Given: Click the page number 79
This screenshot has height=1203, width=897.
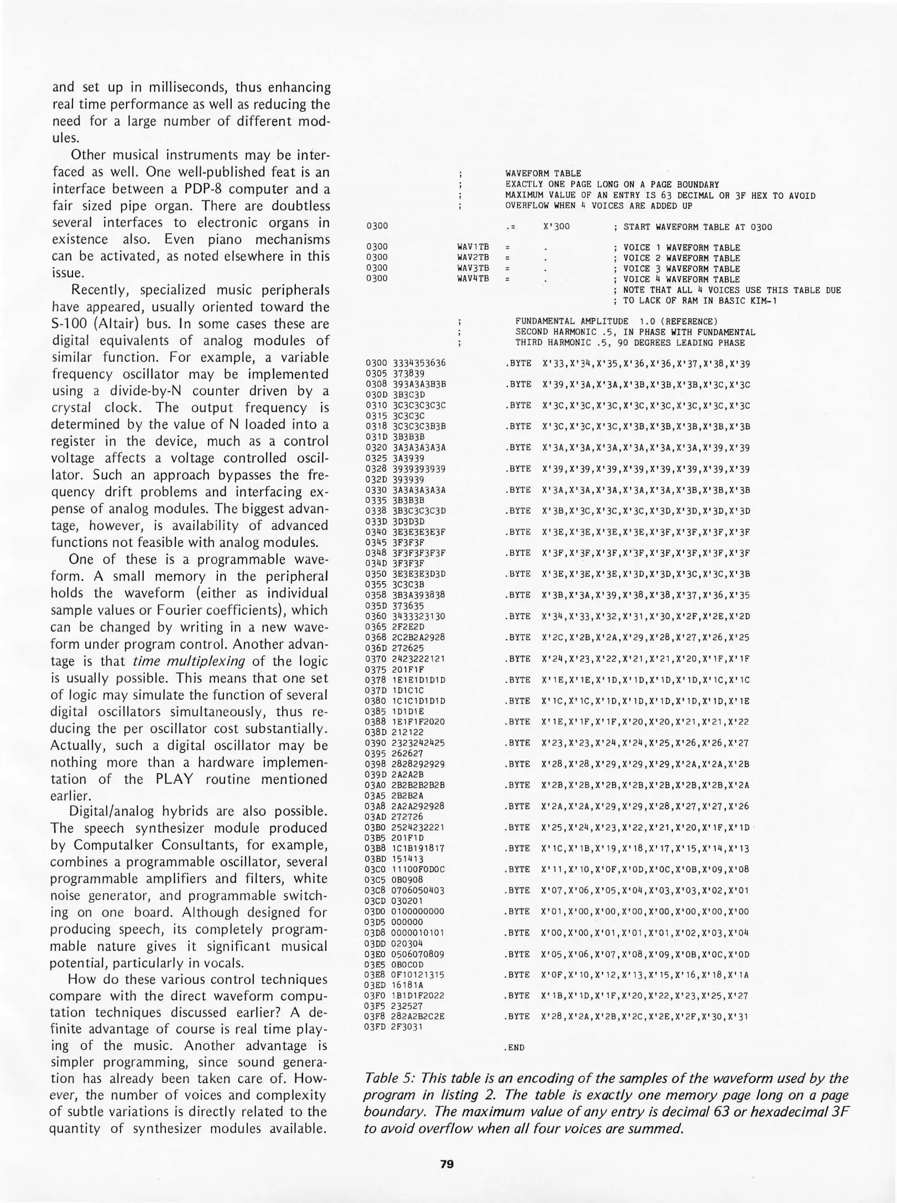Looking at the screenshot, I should (447, 1164).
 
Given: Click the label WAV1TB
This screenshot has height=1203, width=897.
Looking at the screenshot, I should (472, 247).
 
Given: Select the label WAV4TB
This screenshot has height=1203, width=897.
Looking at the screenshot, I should (472, 278).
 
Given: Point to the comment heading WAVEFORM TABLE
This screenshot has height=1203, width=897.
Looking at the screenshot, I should (543, 173).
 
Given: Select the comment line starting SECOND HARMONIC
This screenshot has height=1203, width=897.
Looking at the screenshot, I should (635, 332).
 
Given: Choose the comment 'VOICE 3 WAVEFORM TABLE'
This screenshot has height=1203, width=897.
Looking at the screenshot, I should (681, 268).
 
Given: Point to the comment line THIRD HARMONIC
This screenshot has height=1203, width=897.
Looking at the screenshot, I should (629, 343).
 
